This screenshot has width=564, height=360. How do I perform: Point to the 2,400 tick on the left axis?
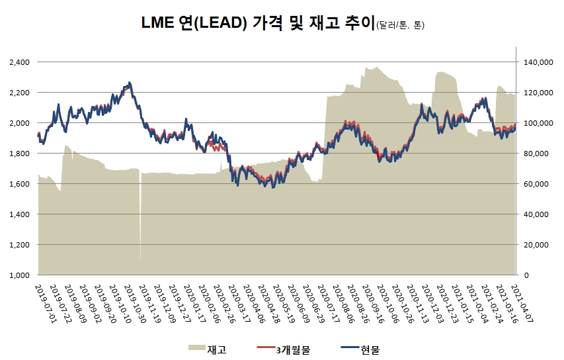(20, 62)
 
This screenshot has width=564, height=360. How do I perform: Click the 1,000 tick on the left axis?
(20, 275)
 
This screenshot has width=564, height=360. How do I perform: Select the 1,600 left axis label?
(20, 184)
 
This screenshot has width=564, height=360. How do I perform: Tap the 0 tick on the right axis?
(522, 275)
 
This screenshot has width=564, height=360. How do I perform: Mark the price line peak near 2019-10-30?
(130, 83)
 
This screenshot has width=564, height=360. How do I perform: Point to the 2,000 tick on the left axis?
(20, 123)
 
